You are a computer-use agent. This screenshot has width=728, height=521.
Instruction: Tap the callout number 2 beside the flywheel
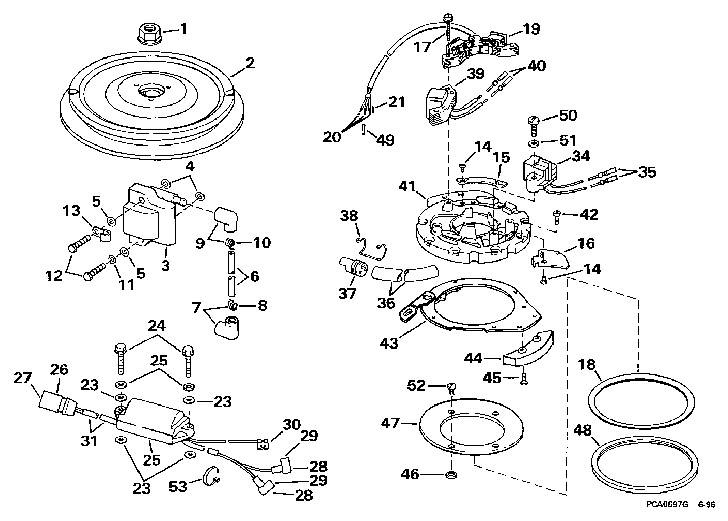pyautogui.click(x=250, y=63)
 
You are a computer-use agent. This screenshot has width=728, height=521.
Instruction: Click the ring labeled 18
pyautogui.click(x=642, y=401)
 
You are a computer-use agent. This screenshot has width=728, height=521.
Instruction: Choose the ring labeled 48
pyautogui.click(x=645, y=463)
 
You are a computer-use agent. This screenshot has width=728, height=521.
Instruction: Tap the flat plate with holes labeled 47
pyautogui.click(x=472, y=427)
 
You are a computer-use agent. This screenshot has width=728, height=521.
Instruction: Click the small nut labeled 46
pyautogui.click(x=451, y=475)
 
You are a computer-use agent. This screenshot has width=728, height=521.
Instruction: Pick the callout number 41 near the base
pyautogui.click(x=407, y=186)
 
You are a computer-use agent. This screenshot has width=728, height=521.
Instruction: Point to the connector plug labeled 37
pyautogui.click(x=355, y=269)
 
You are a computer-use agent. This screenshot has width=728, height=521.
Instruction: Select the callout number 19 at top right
pyautogui.click(x=532, y=29)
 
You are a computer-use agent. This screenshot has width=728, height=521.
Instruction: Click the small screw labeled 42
pyautogui.click(x=557, y=217)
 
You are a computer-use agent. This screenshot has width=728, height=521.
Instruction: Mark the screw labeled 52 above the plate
pyautogui.click(x=452, y=389)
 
